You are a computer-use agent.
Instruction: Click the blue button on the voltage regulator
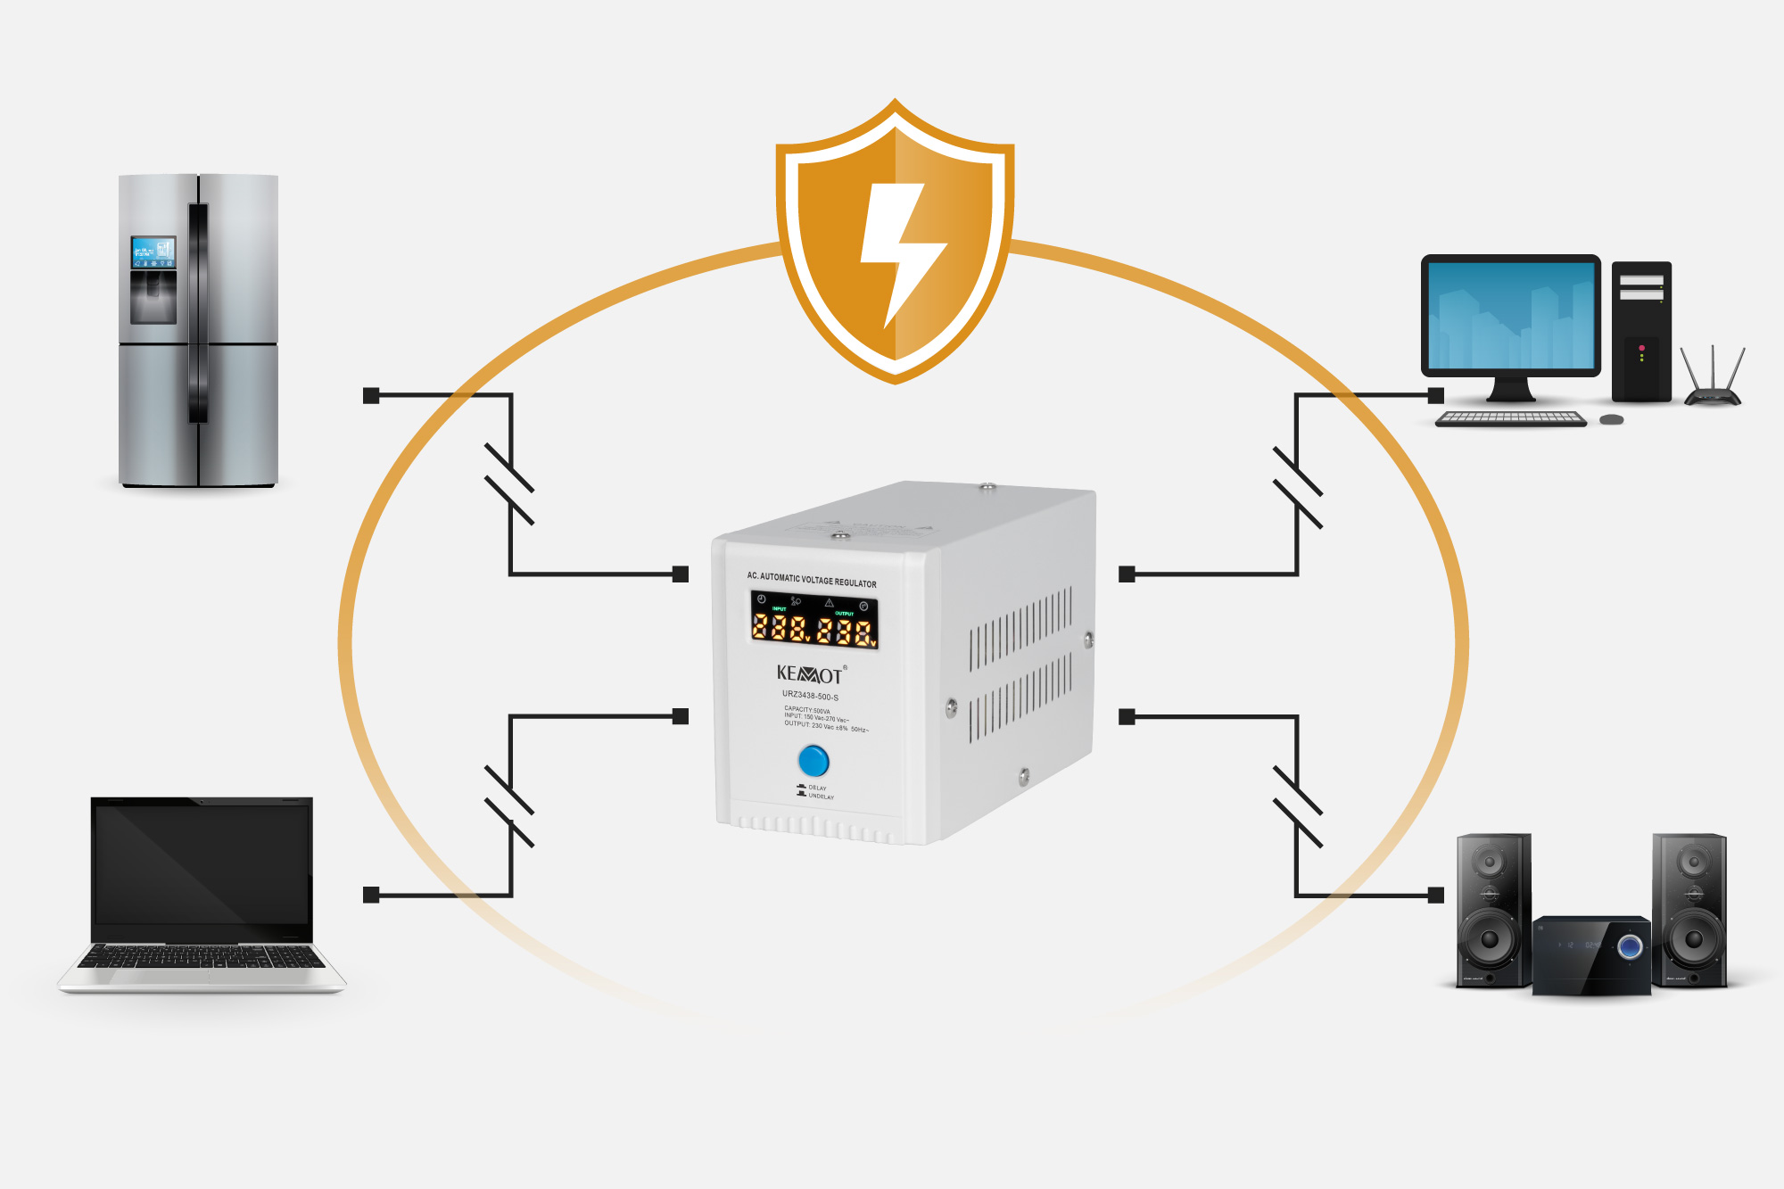(x=814, y=761)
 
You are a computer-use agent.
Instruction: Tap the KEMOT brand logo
(x=809, y=674)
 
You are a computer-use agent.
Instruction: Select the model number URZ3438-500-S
(x=810, y=696)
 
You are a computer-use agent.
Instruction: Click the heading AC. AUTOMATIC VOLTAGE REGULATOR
(x=812, y=580)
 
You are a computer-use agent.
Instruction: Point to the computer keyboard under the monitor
(x=1511, y=418)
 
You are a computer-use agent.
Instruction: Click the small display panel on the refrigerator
(x=153, y=252)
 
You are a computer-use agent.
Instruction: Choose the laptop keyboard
(x=202, y=958)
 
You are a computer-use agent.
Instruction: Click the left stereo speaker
(x=1493, y=910)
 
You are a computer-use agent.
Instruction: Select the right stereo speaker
(x=1689, y=910)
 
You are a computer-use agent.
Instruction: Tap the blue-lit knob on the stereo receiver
(x=1630, y=946)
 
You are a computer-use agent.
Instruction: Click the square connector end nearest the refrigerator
(x=372, y=395)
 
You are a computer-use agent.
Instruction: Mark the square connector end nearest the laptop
(x=372, y=895)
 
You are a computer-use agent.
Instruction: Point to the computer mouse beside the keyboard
(x=1611, y=419)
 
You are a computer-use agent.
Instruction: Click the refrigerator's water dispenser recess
(x=153, y=296)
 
